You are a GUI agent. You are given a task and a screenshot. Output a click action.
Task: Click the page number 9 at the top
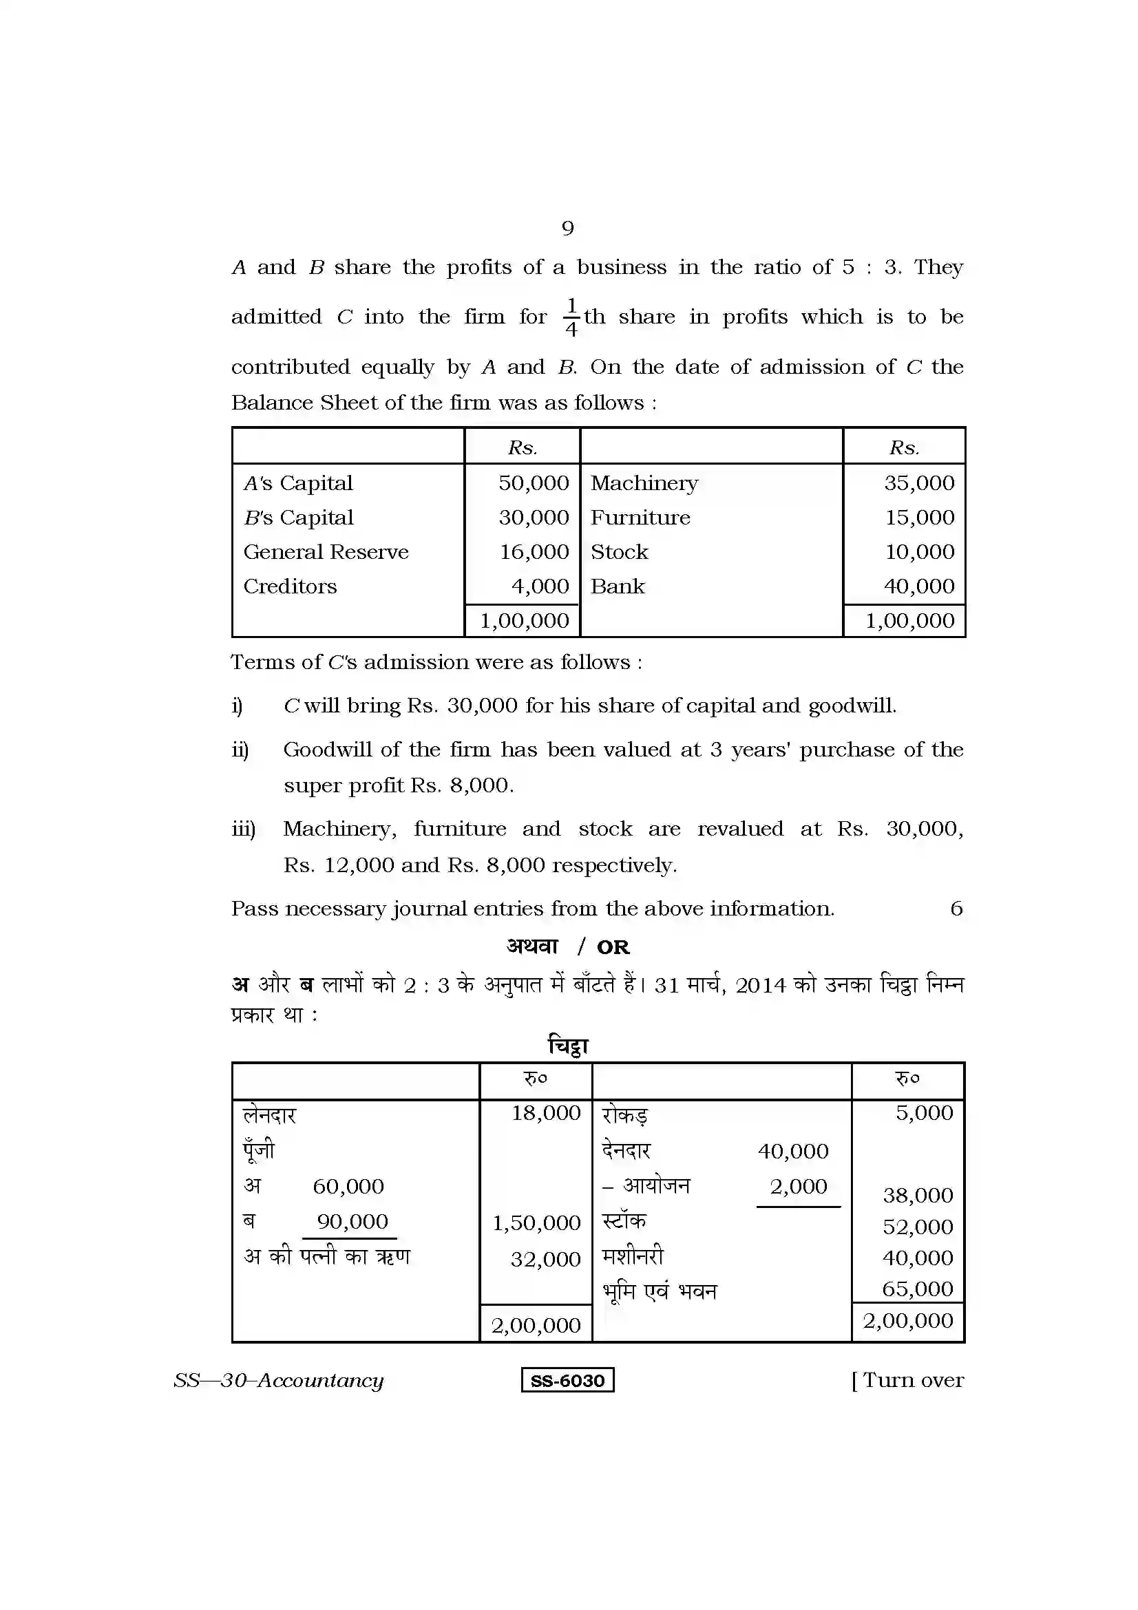click(x=567, y=228)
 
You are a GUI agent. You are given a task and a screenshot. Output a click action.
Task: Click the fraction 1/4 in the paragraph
click(x=571, y=317)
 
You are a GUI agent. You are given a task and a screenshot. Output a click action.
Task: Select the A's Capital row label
click(x=298, y=483)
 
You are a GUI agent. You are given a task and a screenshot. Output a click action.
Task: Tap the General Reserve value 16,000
click(x=534, y=552)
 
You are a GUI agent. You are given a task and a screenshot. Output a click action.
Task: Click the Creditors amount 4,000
click(x=540, y=586)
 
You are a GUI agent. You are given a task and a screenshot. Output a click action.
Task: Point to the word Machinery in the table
click(x=644, y=483)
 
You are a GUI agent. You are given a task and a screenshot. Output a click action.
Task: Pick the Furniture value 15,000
click(x=919, y=518)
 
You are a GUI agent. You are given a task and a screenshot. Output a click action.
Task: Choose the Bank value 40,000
click(x=918, y=586)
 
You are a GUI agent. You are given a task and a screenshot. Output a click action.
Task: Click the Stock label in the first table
click(x=619, y=552)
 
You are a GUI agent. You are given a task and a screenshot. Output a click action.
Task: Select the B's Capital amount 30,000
click(x=534, y=518)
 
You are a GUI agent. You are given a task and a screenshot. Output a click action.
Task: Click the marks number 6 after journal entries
click(x=956, y=909)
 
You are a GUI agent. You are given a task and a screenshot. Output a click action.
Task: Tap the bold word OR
click(x=613, y=947)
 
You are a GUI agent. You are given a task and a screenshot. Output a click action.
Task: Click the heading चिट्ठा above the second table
click(x=568, y=1046)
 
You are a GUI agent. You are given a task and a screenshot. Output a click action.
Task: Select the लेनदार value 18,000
click(x=545, y=1113)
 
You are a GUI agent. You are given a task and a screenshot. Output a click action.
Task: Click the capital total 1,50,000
click(x=536, y=1223)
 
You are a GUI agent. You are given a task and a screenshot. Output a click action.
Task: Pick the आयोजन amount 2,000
click(x=798, y=1187)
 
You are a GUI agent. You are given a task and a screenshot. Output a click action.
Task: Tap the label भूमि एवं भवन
click(x=659, y=1291)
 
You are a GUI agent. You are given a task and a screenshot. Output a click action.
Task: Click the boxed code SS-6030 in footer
click(x=567, y=1381)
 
